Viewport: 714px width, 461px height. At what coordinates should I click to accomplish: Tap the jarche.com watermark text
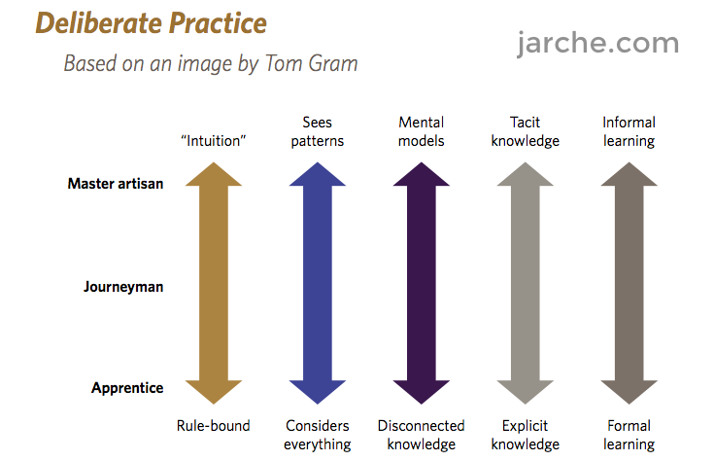(x=597, y=43)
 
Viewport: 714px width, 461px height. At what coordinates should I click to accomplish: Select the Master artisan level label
(x=116, y=183)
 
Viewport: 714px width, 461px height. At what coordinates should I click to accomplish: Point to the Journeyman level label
(x=123, y=287)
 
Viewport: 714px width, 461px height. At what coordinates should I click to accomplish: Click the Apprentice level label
(x=127, y=388)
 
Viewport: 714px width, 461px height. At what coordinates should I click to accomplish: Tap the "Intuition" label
(x=214, y=141)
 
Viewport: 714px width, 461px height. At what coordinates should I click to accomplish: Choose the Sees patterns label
(x=318, y=131)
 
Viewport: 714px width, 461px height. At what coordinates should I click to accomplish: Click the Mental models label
(x=422, y=131)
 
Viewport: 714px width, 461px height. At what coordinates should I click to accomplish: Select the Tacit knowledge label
(x=525, y=131)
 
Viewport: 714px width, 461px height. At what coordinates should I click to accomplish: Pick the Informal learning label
(x=629, y=131)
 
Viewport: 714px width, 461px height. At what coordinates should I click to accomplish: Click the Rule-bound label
(x=214, y=426)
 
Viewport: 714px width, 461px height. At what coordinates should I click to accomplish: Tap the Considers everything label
(x=318, y=435)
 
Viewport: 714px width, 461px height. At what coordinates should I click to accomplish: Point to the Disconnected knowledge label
(x=422, y=435)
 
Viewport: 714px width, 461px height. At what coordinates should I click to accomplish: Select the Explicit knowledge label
(x=525, y=435)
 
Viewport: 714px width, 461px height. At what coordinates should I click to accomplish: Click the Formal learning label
(x=629, y=435)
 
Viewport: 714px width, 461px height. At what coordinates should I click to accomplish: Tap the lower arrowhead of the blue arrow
(x=318, y=390)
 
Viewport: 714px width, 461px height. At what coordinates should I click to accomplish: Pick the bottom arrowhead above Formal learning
(x=629, y=390)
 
